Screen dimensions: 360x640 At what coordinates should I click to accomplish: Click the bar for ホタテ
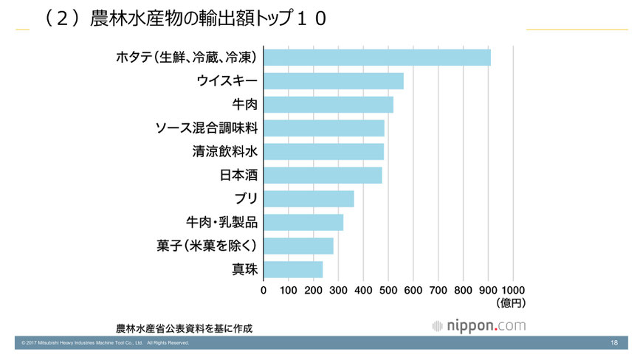376,58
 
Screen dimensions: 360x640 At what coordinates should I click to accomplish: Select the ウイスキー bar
333,81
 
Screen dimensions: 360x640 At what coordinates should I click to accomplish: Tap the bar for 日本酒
323,176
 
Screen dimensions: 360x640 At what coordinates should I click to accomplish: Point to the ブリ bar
309,199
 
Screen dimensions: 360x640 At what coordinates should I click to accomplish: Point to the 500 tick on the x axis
388,290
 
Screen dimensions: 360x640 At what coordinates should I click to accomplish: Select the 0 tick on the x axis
264,290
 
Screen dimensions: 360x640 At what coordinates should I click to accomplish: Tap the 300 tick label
338,290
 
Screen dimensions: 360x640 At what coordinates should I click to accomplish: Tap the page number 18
615,343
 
